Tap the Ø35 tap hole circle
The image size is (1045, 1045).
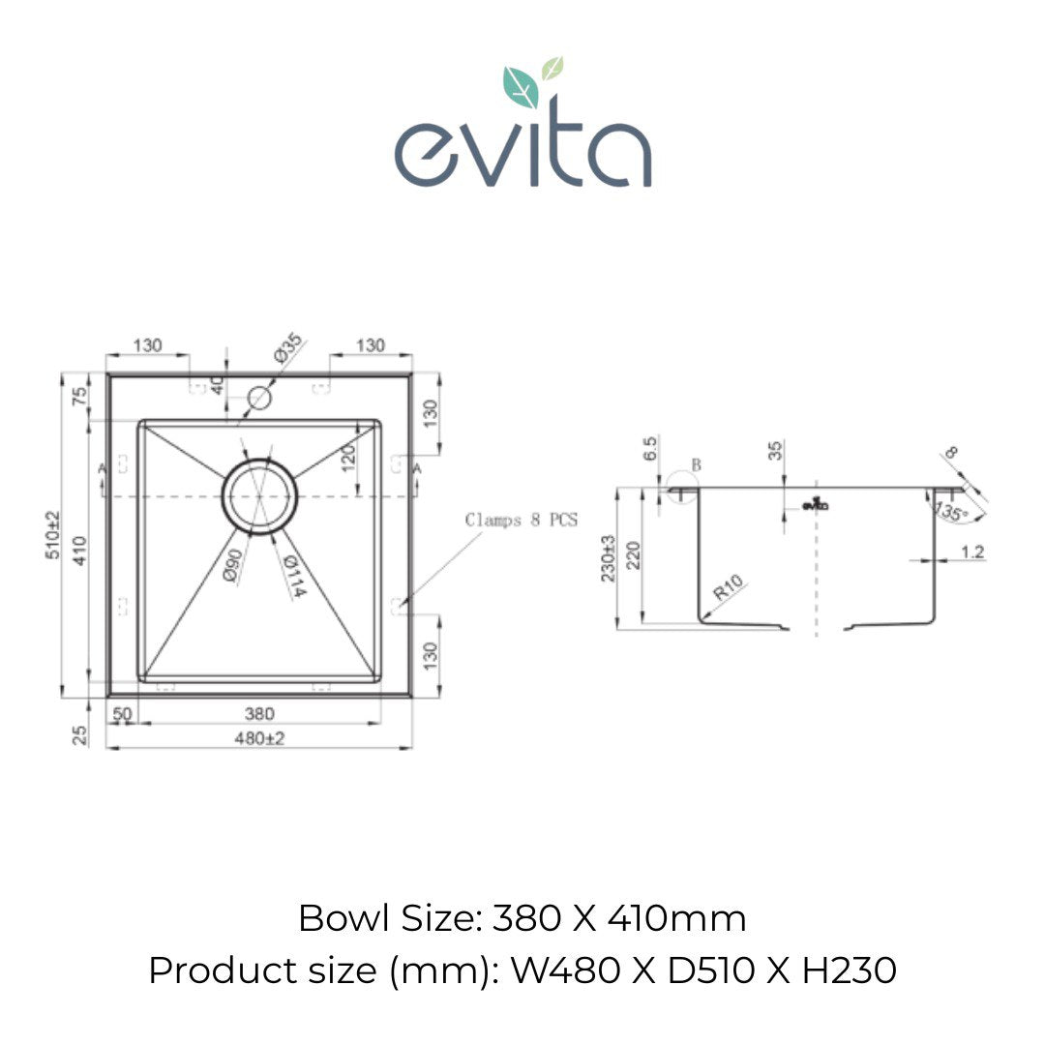pyautogui.click(x=259, y=397)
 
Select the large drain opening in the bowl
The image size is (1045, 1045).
pyautogui.click(x=258, y=495)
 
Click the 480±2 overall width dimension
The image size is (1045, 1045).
pyautogui.click(x=259, y=738)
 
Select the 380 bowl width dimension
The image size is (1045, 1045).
pyautogui.click(x=259, y=714)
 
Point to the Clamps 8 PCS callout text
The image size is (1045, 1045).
pyautogui.click(x=521, y=520)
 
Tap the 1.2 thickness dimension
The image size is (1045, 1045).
pyautogui.click(x=971, y=552)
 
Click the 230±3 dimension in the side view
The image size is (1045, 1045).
pyautogui.click(x=609, y=558)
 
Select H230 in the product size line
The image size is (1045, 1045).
pyautogui.click(x=849, y=970)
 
